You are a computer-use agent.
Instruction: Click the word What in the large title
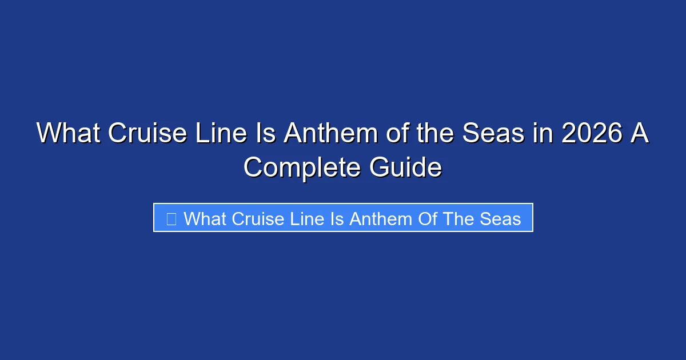67,134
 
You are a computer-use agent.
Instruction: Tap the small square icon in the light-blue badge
171,218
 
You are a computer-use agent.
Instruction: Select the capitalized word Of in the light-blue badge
427,218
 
